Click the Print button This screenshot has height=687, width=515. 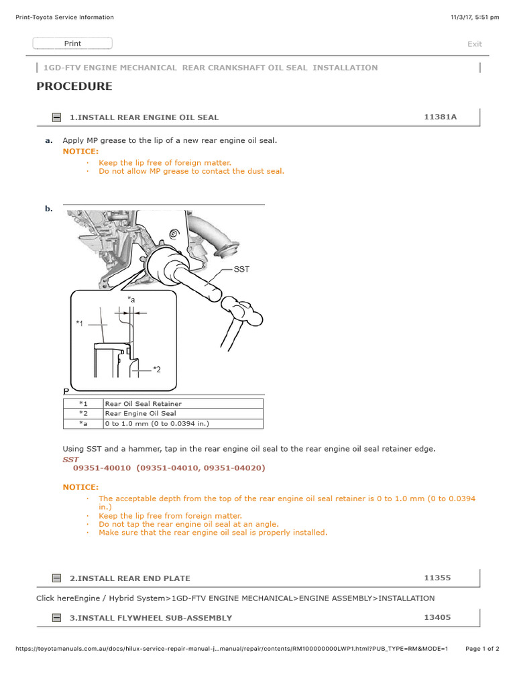coord(72,44)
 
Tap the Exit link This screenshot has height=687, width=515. coord(474,44)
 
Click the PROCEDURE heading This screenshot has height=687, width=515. coord(74,87)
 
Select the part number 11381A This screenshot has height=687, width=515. coord(440,117)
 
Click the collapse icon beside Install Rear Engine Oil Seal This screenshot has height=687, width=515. coord(57,117)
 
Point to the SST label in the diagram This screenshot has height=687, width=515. coord(241,269)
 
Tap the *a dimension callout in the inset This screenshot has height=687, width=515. coord(131,300)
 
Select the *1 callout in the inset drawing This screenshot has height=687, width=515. coord(80,323)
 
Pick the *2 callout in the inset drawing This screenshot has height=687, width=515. coord(156,368)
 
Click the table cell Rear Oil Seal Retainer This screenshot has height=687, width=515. coord(143,404)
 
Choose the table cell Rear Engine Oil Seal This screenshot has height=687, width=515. coord(140,414)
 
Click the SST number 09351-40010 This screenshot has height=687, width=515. coord(102,468)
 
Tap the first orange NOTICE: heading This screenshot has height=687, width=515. coord(80,152)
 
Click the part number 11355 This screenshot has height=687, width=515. coord(437,578)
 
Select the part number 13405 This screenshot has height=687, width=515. coord(437,617)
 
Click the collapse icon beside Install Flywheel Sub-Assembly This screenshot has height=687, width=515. coord(57,618)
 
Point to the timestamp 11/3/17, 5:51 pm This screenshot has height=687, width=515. coord(475,17)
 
